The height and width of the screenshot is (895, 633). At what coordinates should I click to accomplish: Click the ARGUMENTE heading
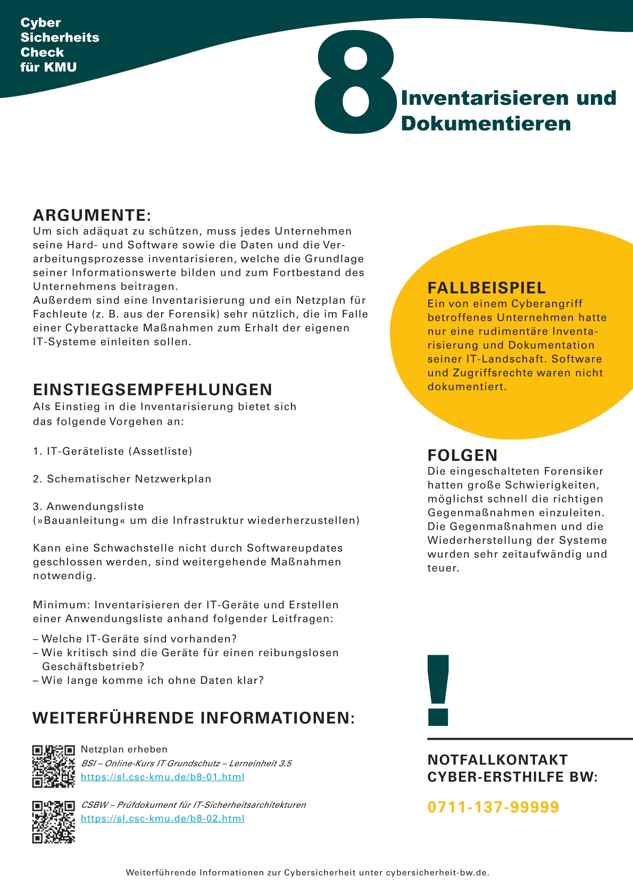pos(92,215)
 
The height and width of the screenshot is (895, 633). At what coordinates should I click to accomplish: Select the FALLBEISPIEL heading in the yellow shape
pos(487,288)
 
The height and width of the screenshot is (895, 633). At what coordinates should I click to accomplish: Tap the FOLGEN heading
pos(463,455)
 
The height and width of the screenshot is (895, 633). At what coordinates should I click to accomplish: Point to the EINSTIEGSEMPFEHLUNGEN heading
pos(153,390)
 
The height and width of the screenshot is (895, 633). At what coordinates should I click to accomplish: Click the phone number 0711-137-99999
pos(494,807)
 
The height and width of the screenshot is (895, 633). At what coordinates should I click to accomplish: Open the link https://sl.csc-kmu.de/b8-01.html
pos(163,777)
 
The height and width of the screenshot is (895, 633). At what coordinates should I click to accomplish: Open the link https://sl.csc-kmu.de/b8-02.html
pos(163,818)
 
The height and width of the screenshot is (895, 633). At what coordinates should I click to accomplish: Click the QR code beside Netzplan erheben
pos(53,766)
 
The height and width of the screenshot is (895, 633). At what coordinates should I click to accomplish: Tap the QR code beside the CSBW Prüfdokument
pos(53,822)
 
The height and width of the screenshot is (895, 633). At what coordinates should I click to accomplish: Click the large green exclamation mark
pos(438,690)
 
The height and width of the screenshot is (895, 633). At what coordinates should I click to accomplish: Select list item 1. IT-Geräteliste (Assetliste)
pos(113,451)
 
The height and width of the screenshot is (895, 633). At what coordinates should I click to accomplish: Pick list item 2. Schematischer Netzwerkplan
pos(122,479)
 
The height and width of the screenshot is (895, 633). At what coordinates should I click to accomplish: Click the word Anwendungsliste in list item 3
pos(95,507)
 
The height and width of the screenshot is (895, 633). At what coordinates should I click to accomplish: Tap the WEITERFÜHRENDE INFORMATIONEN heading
pos(194,718)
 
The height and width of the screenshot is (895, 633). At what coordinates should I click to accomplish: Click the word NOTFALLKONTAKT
pos(498,760)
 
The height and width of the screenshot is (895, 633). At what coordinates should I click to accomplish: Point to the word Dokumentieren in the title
pos(486,123)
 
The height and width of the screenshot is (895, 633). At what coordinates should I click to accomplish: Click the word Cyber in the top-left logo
pos(41,23)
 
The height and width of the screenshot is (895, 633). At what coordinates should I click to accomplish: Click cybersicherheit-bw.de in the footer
pos(437,873)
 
